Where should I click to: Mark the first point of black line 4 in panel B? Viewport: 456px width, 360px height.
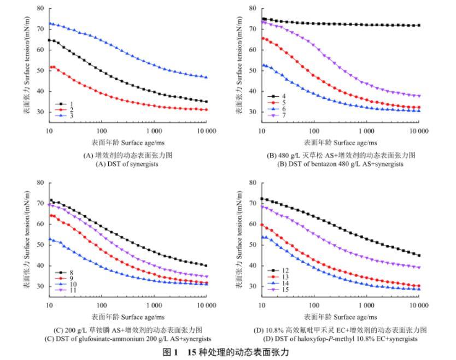pos(264,19)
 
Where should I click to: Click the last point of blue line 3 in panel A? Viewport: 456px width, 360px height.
pos(206,78)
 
